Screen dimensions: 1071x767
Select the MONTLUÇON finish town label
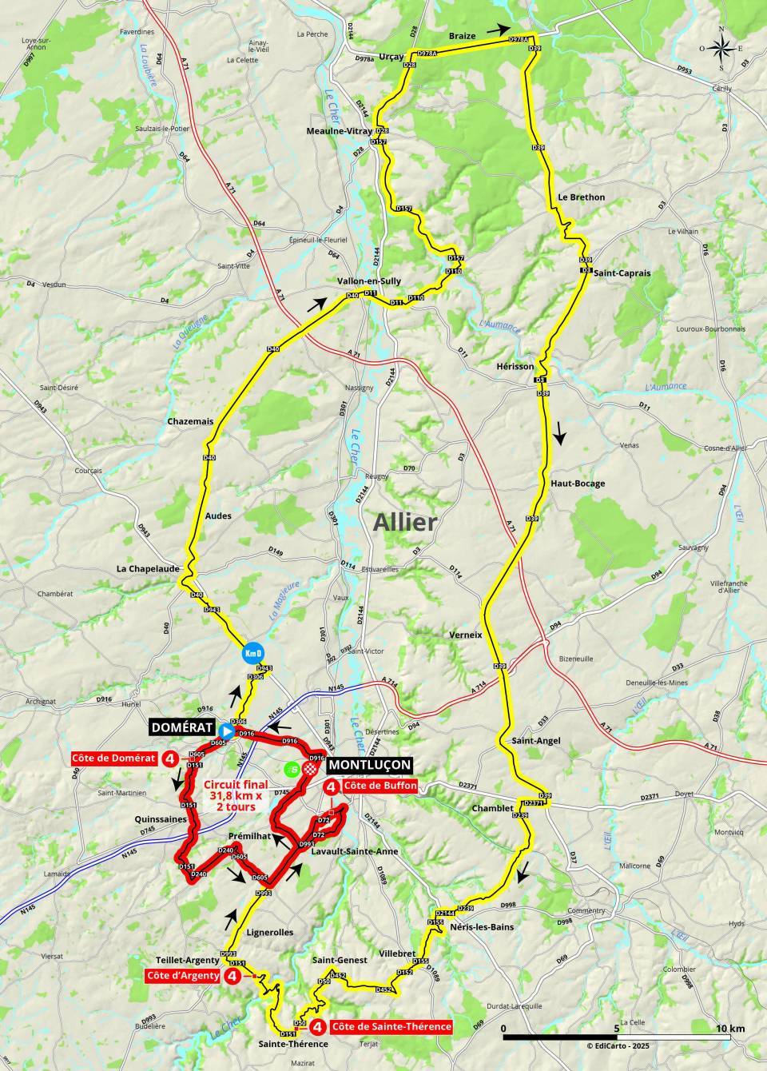coord(370,765)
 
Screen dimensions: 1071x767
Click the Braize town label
coord(462,36)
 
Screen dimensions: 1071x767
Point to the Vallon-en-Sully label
coord(369,281)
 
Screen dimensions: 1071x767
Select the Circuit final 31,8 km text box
coord(234,795)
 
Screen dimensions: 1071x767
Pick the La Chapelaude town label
coord(145,569)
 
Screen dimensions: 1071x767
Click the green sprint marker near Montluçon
coord(292,769)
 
